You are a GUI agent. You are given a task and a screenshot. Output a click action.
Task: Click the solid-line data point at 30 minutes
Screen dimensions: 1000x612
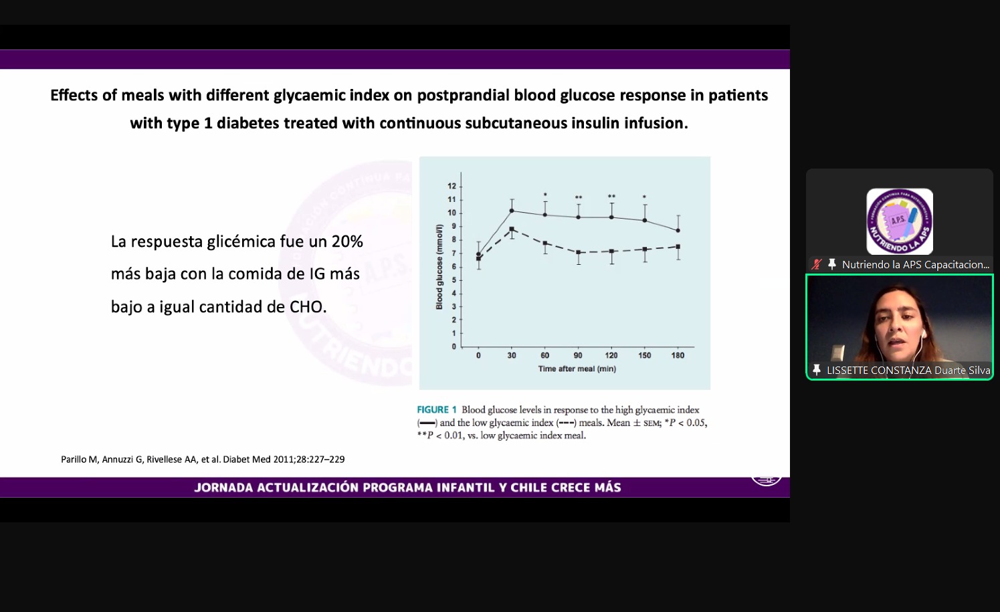click(x=512, y=211)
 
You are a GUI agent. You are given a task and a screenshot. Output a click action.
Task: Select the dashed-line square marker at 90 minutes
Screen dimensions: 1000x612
click(x=578, y=252)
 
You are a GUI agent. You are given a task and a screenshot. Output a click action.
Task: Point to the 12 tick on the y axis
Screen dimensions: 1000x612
click(x=452, y=186)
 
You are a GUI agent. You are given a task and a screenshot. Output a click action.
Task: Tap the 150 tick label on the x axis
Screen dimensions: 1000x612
click(x=644, y=355)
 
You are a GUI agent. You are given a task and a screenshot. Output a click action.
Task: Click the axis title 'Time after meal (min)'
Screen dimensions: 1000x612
click(x=577, y=369)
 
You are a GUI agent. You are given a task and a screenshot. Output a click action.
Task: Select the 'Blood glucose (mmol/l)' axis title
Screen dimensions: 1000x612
click(x=439, y=267)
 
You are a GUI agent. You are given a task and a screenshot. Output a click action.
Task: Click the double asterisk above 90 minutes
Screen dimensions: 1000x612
click(x=578, y=197)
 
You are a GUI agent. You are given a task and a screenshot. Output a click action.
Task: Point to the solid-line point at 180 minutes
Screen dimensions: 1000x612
click(x=678, y=230)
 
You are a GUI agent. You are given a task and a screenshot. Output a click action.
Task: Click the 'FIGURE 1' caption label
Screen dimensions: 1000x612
click(x=437, y=409)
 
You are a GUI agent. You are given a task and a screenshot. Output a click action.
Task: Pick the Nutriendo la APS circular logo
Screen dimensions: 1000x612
click(x=900, y=221)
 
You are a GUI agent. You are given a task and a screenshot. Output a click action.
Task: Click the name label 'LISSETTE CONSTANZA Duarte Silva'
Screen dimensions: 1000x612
click(x=908, y=370)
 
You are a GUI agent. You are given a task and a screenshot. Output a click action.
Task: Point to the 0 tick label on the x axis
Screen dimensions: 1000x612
click(x=478, y=355)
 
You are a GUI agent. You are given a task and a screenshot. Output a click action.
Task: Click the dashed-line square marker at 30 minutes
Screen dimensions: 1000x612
click(x=512, y=229)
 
